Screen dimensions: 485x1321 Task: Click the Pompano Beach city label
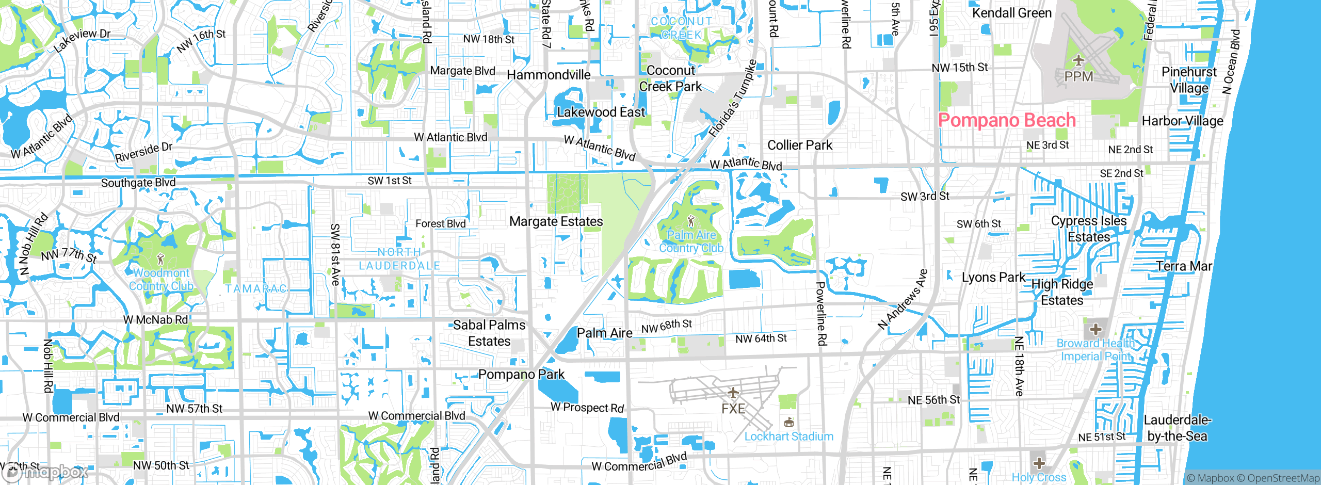(x=1007, y=120)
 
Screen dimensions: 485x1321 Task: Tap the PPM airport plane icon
(x=1078, y=61)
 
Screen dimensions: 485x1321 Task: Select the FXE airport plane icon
(x=733, y=393)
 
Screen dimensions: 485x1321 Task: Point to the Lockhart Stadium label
(x=788, y=436)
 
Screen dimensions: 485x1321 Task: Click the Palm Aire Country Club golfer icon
(x=691, y=222)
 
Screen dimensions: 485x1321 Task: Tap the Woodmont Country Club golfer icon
(x=160, y=259)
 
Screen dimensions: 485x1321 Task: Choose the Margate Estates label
(x=556, y=221)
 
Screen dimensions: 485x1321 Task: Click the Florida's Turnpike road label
(x=732, y=99)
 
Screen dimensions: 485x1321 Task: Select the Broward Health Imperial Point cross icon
(x=1096, y=329)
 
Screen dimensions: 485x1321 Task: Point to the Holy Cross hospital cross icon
(x=1039, y=462)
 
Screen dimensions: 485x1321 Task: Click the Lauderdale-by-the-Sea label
(x=1177, y=428)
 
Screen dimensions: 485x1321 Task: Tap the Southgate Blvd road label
(x=138, y=183)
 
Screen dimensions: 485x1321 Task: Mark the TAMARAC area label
(x=256, y=289)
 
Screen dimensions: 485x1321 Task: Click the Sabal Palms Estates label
(x=489, y=333)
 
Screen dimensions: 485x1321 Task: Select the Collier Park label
(x=800, y=145)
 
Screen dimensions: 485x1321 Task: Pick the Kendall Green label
(x=1011, y=13)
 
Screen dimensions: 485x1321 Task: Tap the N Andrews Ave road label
(x=903, y=299)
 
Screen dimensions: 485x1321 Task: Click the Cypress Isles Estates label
(x=1089, y=229)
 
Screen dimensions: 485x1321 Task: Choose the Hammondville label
(x=549, y=75)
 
